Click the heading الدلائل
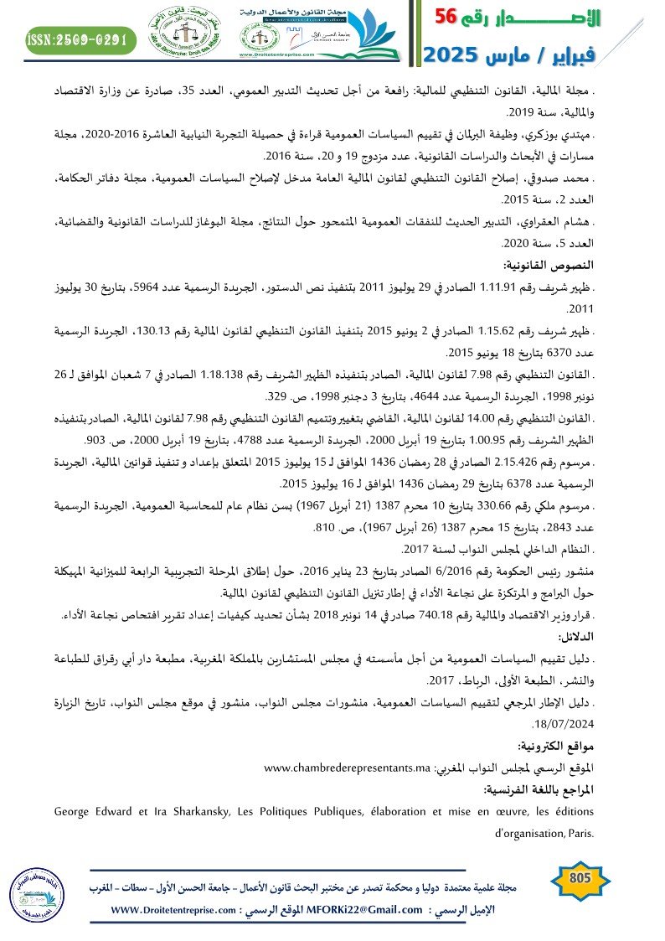coord(575,636)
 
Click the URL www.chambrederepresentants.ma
coord(347,768)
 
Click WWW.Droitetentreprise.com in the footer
coord(170,910)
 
